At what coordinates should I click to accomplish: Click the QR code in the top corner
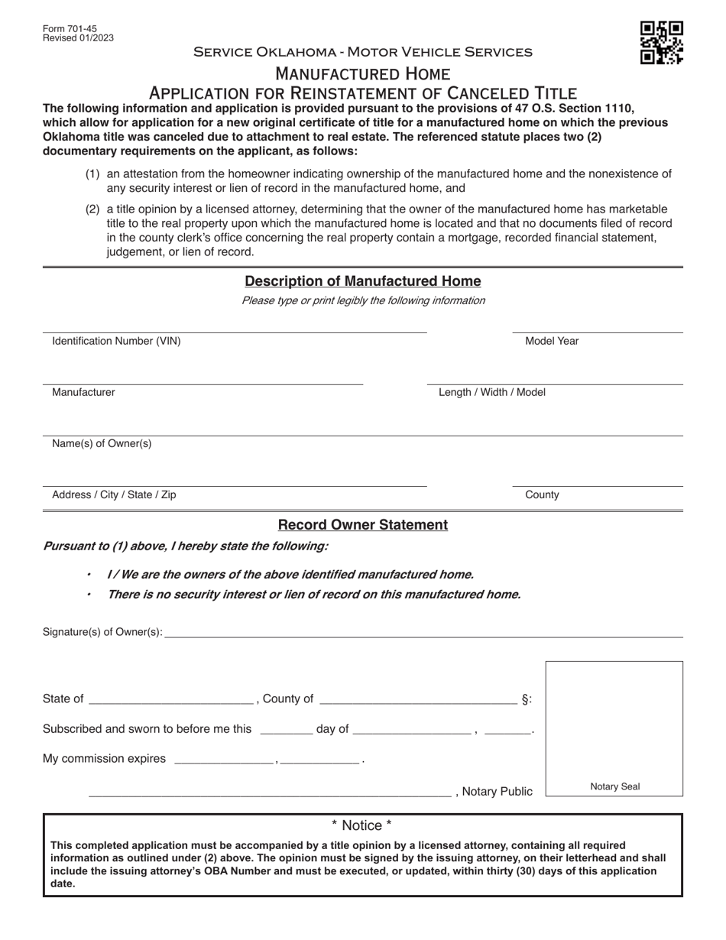[x=661, y=43]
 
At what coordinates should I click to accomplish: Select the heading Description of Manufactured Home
[x=362, y=281]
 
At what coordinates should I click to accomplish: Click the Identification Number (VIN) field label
[x=116, y=341]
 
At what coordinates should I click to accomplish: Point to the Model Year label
[x=552, y=341]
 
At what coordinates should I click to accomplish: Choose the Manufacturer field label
[x=83, y=392]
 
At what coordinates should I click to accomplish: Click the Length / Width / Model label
[x=492, y=392]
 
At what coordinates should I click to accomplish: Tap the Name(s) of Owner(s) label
[x=102, y=443]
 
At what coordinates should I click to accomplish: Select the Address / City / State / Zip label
[x=114, y=494]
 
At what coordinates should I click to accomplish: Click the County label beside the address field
[x=542, y=494]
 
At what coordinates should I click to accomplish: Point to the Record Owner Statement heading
[x=362, y=525]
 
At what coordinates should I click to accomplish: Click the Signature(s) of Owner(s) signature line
[x=423, y=632]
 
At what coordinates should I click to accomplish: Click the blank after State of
[x=171, y=699]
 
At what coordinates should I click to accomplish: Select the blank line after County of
[x=418, y=699]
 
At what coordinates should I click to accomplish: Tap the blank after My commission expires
[x=225, y=759]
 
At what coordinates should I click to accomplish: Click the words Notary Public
[x=498, y=792]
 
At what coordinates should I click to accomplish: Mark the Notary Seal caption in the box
[x=615, y=786]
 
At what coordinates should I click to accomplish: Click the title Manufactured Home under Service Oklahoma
[x=362, y=74]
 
